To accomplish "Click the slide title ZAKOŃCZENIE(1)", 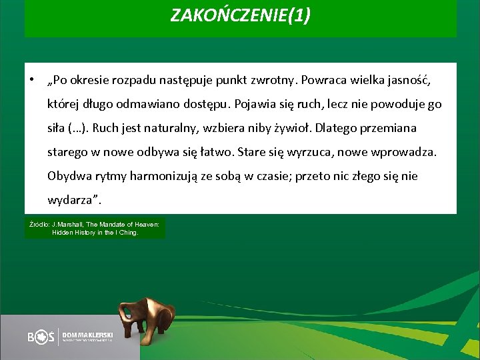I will tap(240, 15).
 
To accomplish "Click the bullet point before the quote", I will tap(31, 80).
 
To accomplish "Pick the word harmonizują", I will tap(160, 177).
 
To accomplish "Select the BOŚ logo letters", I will tap(41, 337).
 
